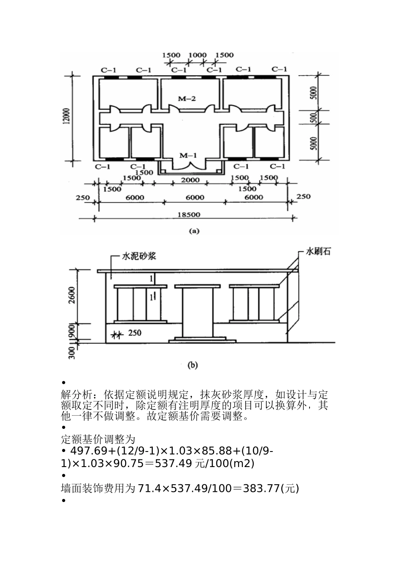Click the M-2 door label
(186, 99)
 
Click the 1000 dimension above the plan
(197, 55)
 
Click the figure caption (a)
(194, 230)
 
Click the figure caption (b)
(192, 365)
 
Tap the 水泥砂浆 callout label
(139, 256)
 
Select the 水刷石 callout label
(318, 252)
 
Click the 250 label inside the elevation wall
(135, 333)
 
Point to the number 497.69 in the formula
(81, 451)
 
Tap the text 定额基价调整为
(97, 439)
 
